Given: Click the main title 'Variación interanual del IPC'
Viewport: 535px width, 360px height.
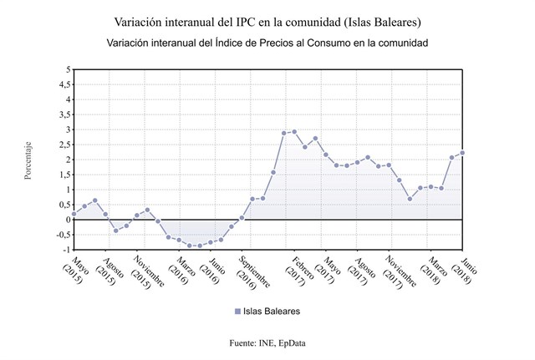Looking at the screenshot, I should point(267,19).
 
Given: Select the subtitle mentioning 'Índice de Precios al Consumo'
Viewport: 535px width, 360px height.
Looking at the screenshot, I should point(267,42).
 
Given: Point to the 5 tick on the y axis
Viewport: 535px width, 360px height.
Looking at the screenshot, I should point(67,69).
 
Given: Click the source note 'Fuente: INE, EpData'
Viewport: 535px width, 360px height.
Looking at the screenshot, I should point(267,342).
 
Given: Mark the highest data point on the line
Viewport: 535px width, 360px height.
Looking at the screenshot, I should point(294,131).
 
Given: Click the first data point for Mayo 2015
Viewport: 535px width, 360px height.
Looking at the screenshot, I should point(74,214).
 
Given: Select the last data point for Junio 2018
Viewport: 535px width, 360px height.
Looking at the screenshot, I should point(462,153).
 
